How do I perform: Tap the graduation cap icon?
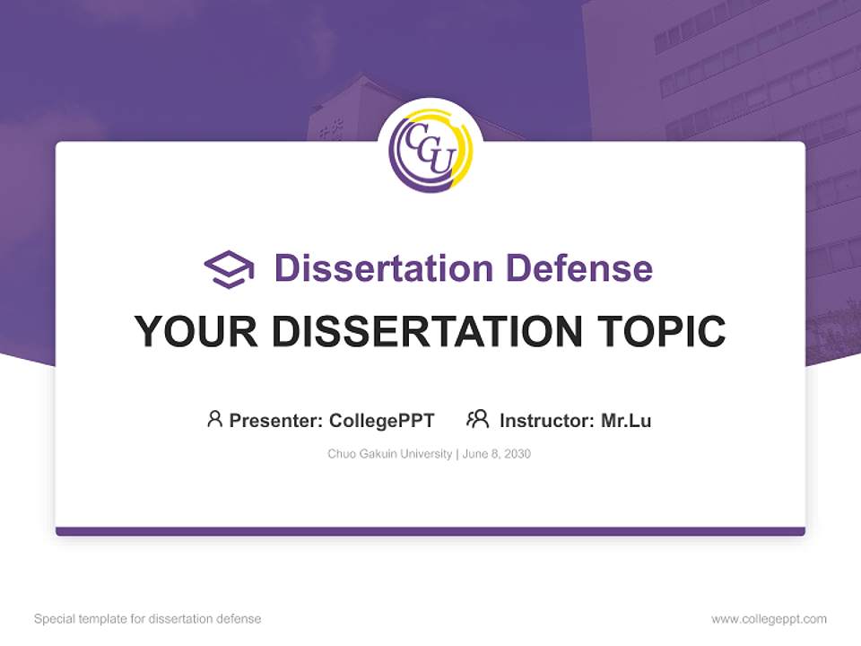229,269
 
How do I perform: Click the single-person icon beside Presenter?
214,419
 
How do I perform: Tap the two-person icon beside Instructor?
478,419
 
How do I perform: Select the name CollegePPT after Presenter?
381,421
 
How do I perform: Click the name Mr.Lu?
626,421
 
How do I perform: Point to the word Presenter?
276,421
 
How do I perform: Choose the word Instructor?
547,421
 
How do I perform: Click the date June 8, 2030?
498,454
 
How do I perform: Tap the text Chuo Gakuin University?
390,454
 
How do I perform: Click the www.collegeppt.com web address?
769,619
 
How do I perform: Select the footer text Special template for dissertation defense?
148,619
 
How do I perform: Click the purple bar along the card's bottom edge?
430,531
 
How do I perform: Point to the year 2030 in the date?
517,454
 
